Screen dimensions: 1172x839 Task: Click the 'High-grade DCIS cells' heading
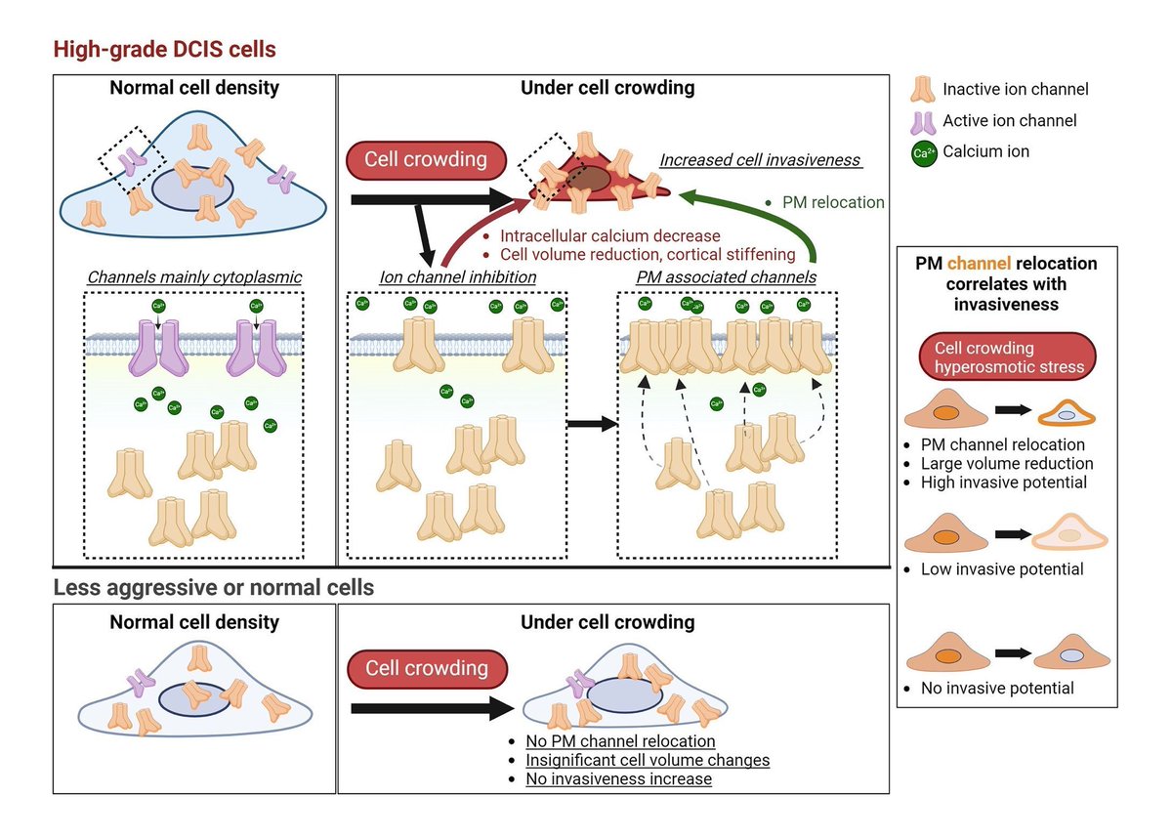click(x=164, y=49)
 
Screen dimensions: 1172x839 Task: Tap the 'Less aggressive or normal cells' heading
click(x=214, y=587)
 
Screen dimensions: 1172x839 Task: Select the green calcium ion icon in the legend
click(x=924, y=153)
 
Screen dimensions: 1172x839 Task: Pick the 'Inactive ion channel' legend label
click(x=1015, y=89)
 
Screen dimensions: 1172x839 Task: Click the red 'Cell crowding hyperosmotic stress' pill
click(x=1007, y=357)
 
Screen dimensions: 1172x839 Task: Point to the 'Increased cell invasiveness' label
click(x=760, y=159)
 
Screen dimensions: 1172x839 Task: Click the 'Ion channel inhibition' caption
click(x=458, y=276)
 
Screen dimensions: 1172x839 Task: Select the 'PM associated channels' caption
click(x=727, y=276)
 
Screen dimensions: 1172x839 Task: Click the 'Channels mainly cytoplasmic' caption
click(x=194, y=276)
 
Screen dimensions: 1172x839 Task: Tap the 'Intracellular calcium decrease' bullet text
click(x=610, y=236)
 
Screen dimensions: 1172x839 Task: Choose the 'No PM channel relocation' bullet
click(x=620, y=741)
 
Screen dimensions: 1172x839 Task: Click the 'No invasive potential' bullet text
click(x=997, y=688)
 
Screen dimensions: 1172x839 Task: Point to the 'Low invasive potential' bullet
click(x=1002, y=568)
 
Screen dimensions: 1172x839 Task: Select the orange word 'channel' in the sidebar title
click(x=979, y=264)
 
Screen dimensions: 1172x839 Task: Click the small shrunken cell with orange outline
click(x=1067, y=414)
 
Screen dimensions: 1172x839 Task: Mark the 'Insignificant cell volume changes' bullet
click(x=648, y=760)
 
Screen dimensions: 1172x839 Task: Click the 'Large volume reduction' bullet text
click(x=1007, y=463)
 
